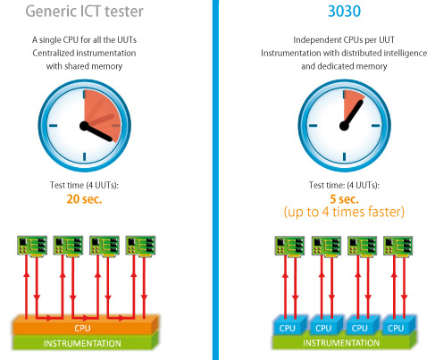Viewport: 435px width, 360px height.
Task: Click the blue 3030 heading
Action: click(x=344, y=12)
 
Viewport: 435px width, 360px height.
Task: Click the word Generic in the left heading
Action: click(x=51, y=12)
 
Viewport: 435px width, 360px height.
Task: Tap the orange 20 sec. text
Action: click(x=84, y=199)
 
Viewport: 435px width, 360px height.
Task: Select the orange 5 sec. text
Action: click(x=344, y=199)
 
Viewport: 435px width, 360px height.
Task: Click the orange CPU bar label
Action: click(x=82, y=328)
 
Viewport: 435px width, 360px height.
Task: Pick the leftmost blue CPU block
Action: click(x=289, y=325)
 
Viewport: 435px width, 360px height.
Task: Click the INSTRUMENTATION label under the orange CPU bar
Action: click(x=82, y=343)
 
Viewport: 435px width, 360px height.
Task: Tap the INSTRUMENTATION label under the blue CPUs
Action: click(x=341, y=343)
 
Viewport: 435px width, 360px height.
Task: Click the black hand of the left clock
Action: click(x=96, y=132)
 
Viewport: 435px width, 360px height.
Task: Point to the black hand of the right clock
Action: click(x=353, y=114)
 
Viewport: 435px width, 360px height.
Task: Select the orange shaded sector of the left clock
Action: click(x=101, y=113)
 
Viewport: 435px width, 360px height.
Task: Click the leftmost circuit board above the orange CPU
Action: click(x=32, y=246)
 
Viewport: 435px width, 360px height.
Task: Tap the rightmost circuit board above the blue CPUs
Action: click(x=398, y=246)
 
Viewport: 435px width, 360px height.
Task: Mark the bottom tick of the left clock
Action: click(x=85, y=156)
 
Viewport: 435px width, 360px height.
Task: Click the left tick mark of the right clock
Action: click(x=314, y=126)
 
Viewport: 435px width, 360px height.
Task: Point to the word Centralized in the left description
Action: click(x=54, y=53)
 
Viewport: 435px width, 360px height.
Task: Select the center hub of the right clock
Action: click(x=344, y=126)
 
